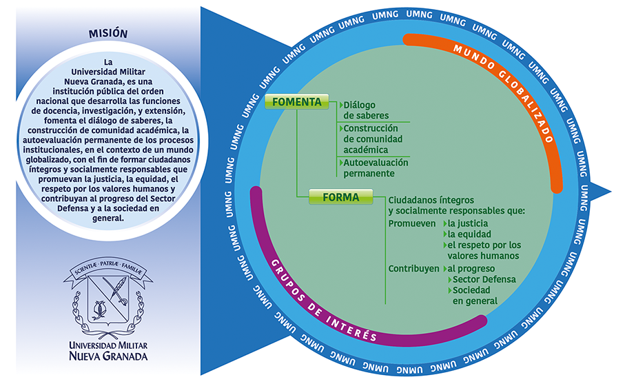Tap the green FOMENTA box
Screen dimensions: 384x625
(296, 102)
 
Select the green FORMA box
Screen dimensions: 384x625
(340, 198)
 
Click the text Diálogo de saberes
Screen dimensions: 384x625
(365, 110)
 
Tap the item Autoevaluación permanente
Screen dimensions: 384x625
(375, 168)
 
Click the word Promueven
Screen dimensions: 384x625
(412, 224)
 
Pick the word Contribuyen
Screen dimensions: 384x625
(413, 268)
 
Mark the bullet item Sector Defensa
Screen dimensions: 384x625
(485, 279)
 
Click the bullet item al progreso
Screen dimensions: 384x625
(471, 268)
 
